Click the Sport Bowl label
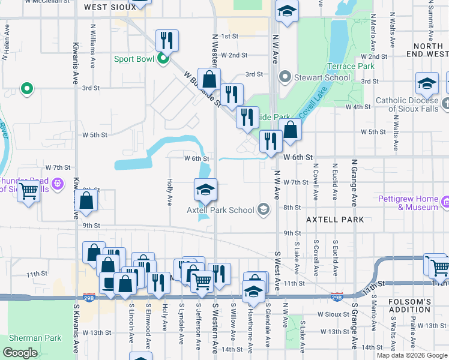coord(134,59)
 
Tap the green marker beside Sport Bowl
coord(163,59)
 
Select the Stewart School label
coord(322,77)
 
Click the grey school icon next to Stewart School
coord(285,77)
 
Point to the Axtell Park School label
coord(220,210)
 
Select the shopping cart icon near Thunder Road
coord(28,192)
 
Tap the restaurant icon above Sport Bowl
coord(166,40)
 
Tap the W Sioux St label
coord(333,314)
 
